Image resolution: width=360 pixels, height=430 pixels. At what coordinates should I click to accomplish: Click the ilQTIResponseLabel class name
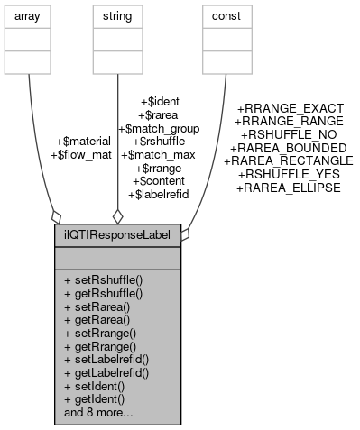click(117, 233)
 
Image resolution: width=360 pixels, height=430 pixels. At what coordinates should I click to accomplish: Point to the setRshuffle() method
click(104, 281)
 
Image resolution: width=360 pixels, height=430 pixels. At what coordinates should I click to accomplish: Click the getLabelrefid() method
click(106, 373)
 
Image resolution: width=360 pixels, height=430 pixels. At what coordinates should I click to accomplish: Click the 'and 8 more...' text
click(99, 413)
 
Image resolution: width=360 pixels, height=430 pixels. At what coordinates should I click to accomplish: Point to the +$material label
click(83, 142)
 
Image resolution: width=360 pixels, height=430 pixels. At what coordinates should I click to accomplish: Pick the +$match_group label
click(159, 128)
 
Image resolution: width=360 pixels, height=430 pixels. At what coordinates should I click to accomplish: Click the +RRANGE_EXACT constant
click(288, 108)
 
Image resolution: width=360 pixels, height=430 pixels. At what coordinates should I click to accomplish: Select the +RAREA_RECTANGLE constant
click(288, 160)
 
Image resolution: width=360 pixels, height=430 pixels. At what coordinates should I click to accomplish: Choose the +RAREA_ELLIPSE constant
click(288, 188)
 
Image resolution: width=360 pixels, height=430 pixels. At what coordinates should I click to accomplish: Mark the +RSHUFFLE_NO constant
click(288, 134)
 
